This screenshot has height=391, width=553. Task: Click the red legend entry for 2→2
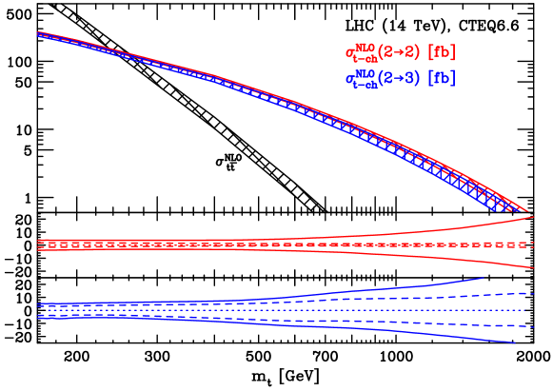(400, 51)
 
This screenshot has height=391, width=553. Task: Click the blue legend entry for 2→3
(400, 78)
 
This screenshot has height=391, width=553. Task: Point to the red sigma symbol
(349, 52)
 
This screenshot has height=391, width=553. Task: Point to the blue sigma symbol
(349, 79)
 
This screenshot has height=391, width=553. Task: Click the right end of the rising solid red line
(533, 217)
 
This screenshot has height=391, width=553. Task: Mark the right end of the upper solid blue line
(484, 278)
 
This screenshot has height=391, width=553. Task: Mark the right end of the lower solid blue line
(516, 342)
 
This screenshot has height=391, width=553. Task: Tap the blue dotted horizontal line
(286, 310)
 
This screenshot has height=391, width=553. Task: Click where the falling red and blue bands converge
(527, 210)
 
